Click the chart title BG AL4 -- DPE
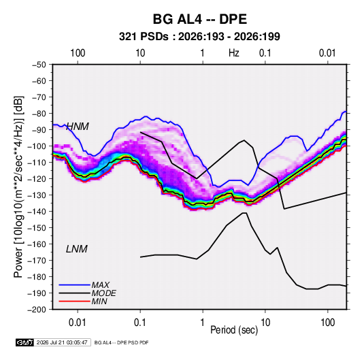(199, 19)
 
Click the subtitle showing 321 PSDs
(199, 37)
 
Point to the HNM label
(78, 127)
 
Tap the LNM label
(77, 249)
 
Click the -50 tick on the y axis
(39, 65)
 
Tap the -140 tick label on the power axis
(37, 212)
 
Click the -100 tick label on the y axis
(37, 146)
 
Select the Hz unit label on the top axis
(234, 53)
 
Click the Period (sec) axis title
(234, 330)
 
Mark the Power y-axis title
(18, 186)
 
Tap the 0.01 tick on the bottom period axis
(78, 323)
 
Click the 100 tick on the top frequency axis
(78, 53)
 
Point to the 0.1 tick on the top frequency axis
(265, 53)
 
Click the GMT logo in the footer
(24, 342)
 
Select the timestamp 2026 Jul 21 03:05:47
(62, 342)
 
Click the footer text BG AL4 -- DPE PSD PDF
(121, 342)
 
